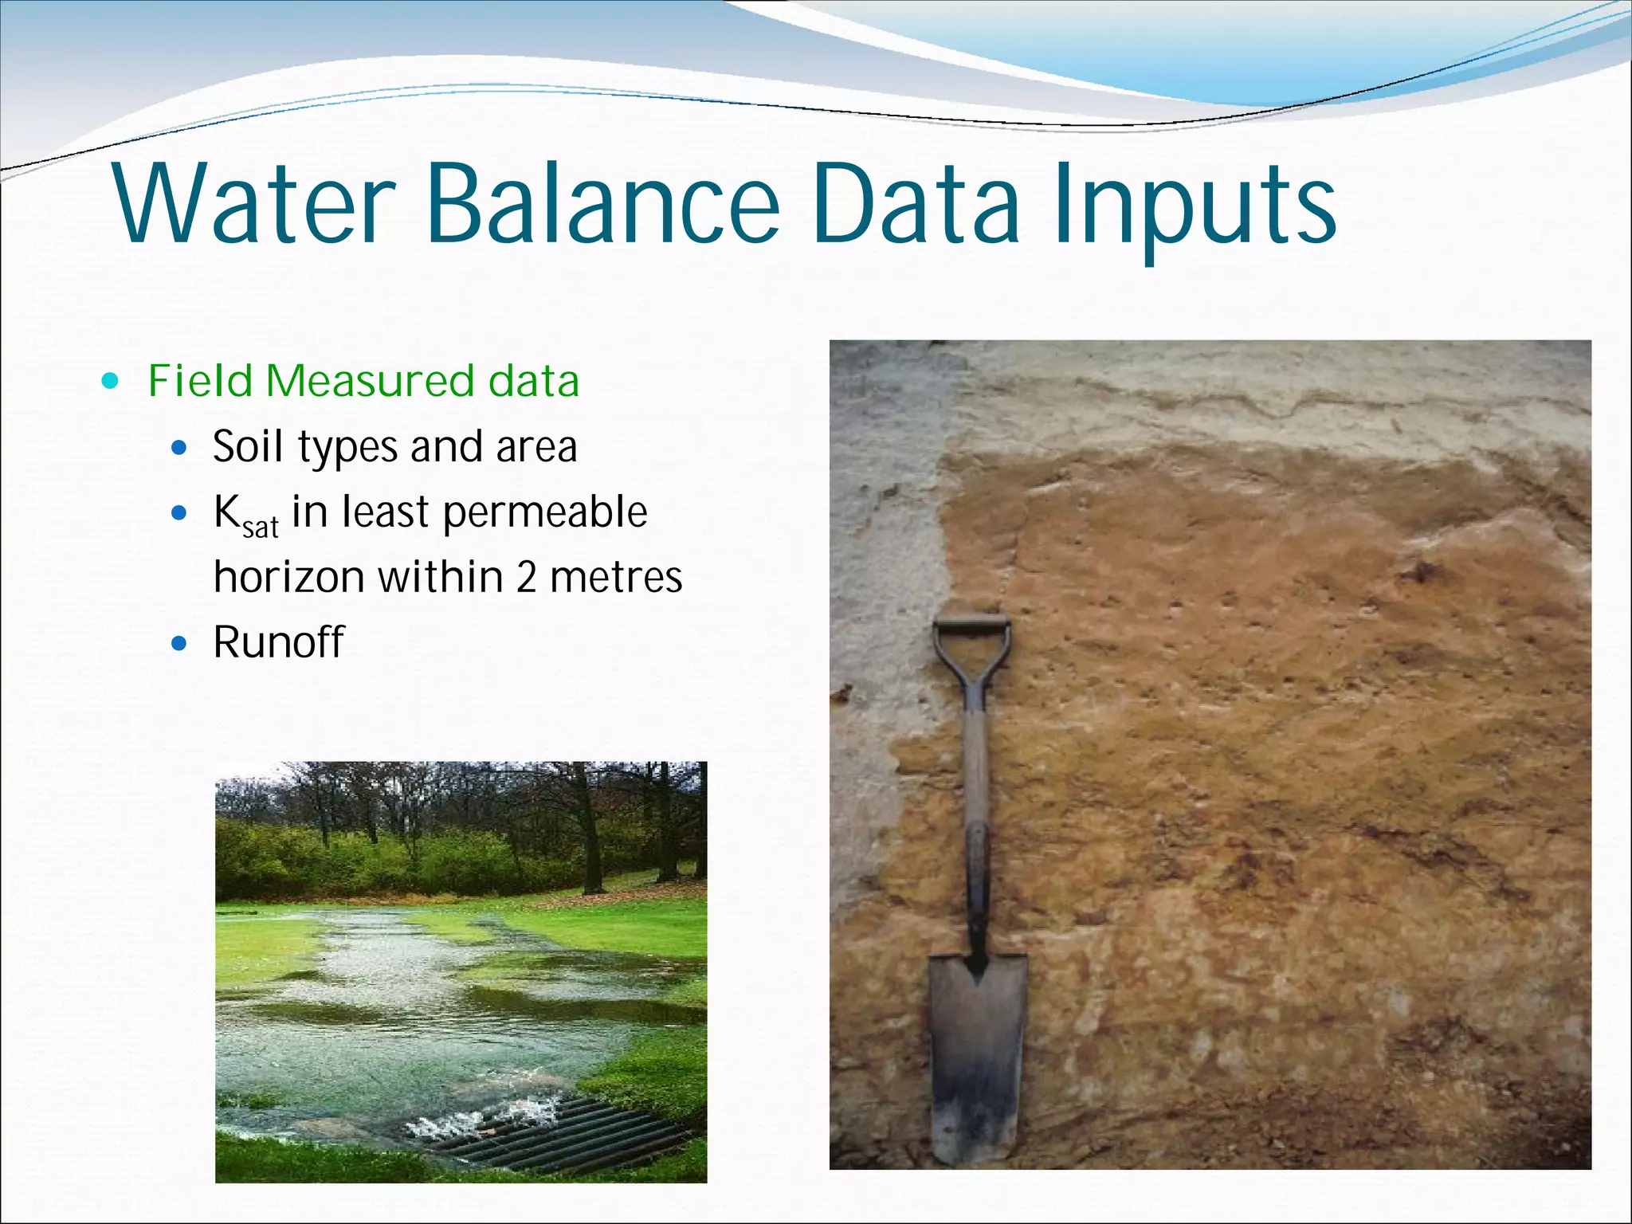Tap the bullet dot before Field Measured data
click(111, 381)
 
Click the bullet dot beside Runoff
click(179, 643)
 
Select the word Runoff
click(278, 642)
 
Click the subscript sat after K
click(261, 528)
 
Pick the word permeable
click(545, 512)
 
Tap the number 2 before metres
click(526, 577)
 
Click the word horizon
click(289, 577)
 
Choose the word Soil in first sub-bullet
click(248, 446)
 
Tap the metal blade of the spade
click(977, 1052)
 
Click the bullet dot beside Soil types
click(179, 447)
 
